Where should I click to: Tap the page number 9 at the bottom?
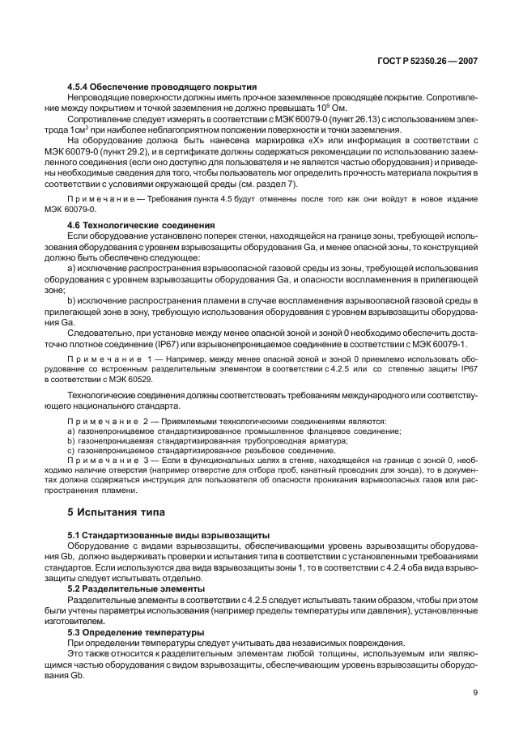(474, 691)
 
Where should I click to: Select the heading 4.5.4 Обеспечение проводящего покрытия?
(162, 87)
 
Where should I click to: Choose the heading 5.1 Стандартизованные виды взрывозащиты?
(168, 535)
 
